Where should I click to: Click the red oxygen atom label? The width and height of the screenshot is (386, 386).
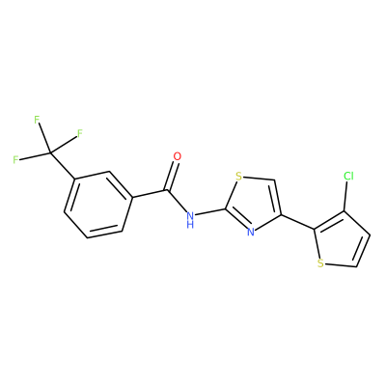[177, 156]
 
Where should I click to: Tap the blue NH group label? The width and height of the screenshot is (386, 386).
[190, 220]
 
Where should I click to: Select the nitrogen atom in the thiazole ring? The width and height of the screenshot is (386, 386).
[251, 232]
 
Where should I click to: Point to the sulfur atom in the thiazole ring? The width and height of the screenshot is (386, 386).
[238, 177]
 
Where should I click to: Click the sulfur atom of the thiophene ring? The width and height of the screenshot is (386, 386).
[319, 263]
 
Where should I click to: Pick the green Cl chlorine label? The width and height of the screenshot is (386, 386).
[348, 176]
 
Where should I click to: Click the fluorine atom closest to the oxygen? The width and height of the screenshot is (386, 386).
[80, 133]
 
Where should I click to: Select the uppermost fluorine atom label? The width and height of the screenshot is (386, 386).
[37, 120]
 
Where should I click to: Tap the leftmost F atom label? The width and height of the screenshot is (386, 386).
[15, 160]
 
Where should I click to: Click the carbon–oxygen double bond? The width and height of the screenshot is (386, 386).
[172, 176]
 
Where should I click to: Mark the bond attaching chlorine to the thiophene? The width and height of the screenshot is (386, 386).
[346, 196]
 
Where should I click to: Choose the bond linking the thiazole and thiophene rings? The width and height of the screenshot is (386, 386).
[298, 222]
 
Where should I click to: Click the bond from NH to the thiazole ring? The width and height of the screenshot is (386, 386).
[210, 211]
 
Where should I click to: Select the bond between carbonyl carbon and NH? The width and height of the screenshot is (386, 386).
[177, 202]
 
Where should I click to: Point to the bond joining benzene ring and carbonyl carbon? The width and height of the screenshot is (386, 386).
[149, 194]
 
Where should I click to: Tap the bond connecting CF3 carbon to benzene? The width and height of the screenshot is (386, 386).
[63, 166]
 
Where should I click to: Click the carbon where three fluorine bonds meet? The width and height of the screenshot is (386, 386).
[50, 153]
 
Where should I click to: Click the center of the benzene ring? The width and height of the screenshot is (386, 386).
[97, 205]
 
